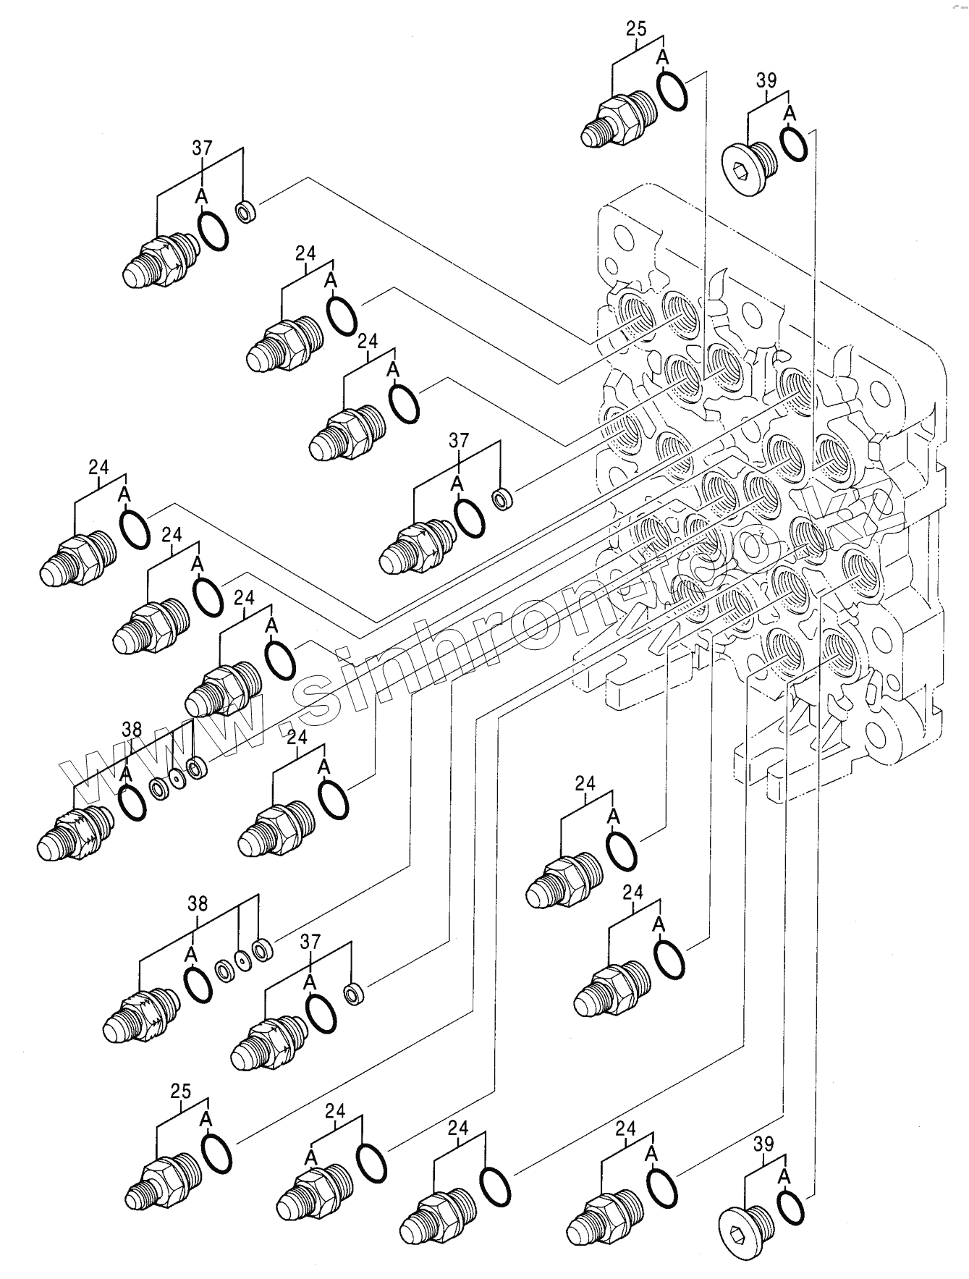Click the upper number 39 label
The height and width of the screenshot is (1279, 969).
click(766, 80)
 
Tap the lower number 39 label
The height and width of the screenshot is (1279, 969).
click(763, 1144)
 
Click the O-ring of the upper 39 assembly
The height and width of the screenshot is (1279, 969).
click(795, 145)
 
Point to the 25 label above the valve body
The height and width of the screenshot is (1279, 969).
click(636, 30)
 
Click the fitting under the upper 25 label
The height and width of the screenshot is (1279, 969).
click(618, 119)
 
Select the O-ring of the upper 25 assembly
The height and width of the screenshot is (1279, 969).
click(672, 92)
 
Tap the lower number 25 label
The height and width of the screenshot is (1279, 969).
click(182, 1092)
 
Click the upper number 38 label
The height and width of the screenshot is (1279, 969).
click(132, 729)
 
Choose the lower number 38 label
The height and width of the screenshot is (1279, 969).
click(198, 903)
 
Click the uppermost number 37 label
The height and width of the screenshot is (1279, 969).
click(203, 148)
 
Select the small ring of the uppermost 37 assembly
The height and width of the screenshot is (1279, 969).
click(245, 211)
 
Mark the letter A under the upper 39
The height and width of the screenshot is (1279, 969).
click(790, 113)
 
